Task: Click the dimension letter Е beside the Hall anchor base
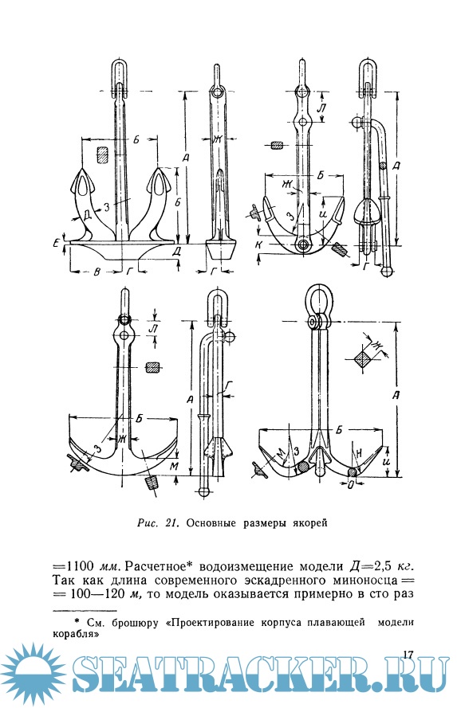(55, 244)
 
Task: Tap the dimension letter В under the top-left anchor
(97, 272)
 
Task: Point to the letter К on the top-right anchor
(258, 244)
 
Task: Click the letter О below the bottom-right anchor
(350, 484)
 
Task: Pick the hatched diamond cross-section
(364, 360)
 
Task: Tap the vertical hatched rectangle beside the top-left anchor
(102, 154)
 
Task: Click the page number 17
(408, 655)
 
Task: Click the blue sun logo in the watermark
(33, 674)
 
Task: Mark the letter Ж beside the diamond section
(376, 346)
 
